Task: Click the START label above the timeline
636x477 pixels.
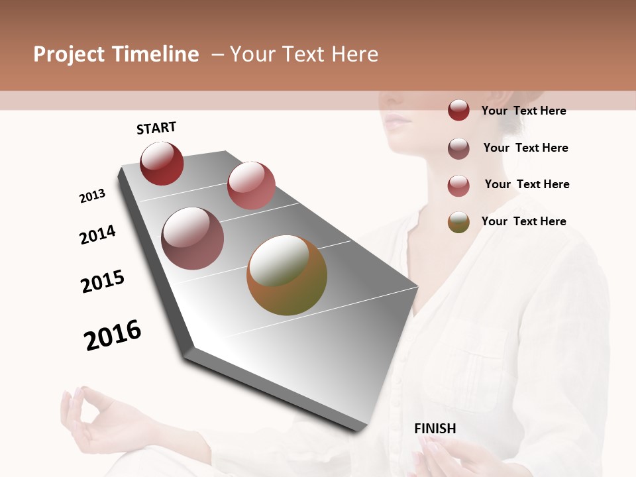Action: pos(156,128)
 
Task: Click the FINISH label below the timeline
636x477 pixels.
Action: pos(435,429)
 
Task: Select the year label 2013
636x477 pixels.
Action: pos(92,196)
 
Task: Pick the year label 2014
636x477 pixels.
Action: pos(97,235)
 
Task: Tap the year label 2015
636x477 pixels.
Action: pos(103,282)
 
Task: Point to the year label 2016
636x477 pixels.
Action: pos(113,335)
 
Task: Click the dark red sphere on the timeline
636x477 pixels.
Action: pos(162,164)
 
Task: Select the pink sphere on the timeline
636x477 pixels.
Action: pos(251,185)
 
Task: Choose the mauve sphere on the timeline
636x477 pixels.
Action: pos(193,238)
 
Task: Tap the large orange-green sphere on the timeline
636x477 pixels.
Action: pos(287,275)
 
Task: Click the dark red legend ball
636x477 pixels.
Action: pos(458,110)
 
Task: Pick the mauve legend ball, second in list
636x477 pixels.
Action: pos(458,148)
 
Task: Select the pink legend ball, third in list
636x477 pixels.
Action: pos(458,185)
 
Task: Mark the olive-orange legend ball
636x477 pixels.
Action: pos(458,222)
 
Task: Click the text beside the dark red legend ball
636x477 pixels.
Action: pos(523,111)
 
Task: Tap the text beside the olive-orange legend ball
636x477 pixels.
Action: pos(523,221)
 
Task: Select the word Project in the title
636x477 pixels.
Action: pos(69,54)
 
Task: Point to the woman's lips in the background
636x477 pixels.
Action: pos(397,121)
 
